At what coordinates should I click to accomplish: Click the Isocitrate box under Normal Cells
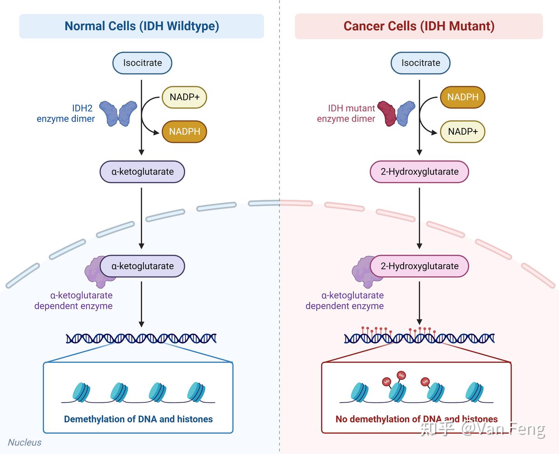142,63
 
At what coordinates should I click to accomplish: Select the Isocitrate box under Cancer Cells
420,63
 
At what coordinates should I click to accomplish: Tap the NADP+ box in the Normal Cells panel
184,97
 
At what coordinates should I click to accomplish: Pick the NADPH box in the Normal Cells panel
184,132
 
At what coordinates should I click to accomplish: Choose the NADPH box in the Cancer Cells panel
463,97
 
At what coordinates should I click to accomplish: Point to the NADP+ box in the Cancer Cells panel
463,132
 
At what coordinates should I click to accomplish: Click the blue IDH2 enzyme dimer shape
118,114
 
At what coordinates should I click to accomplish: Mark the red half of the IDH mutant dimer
387,114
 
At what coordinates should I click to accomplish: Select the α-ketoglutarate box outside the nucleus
142,172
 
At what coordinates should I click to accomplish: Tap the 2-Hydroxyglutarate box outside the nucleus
419,172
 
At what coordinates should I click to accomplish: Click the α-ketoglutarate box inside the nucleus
142,266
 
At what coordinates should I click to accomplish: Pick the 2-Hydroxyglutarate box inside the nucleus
419,266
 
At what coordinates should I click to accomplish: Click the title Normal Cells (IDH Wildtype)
142,26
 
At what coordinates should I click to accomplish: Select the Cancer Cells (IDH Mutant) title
419,26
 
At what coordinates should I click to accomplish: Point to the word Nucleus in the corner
25,442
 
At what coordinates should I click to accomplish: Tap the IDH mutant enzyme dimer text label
346,113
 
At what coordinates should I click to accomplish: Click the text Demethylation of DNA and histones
138,419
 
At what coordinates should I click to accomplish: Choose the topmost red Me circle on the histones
401,376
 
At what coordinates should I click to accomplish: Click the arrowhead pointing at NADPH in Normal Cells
156,132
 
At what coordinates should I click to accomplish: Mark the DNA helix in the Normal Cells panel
141,339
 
